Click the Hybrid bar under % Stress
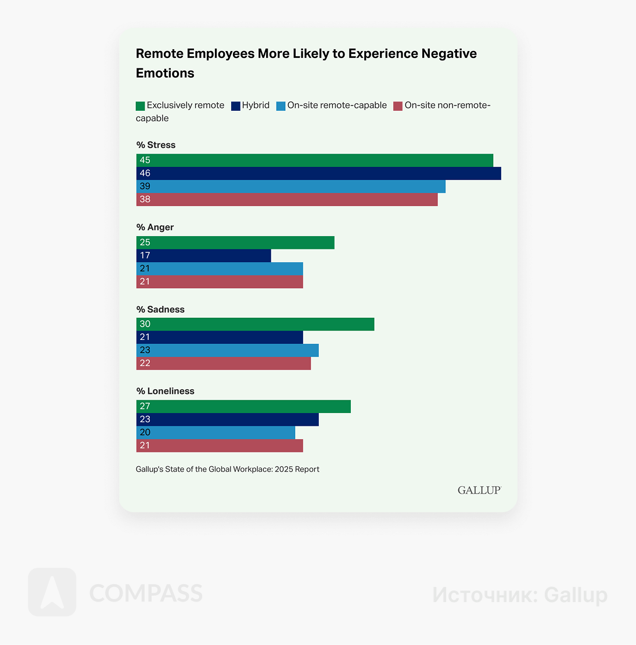318,173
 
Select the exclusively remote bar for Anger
235,242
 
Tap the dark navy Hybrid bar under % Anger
203,256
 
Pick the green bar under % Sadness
255,324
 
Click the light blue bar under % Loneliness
215,433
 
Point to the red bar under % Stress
287,200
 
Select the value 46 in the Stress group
145,173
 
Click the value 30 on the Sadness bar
145,324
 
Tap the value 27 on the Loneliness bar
145,407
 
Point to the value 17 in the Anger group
145,256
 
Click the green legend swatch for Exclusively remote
140,106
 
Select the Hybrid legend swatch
235,106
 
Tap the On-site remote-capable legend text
337,106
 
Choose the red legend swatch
398,106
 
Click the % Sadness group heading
160,310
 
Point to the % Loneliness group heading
166,392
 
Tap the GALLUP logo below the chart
479,490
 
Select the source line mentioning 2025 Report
228,469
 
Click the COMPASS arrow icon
52,592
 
